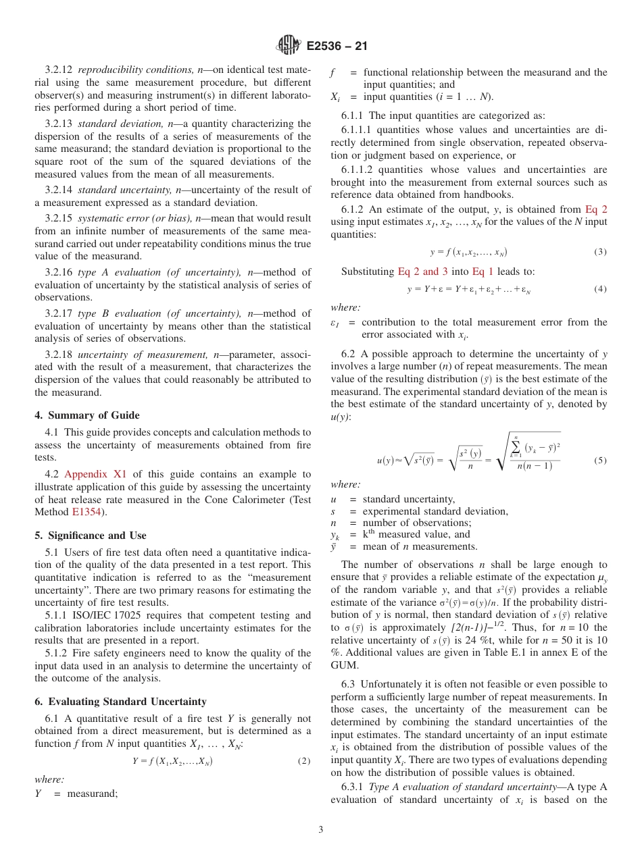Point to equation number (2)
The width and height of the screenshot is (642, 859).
[x=304, y=761]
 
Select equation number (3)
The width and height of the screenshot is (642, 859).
[x=600, y=252]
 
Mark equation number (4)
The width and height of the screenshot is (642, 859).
[x=600, y=289]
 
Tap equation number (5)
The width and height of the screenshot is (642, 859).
[x=600, y=461]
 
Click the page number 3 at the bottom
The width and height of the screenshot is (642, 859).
[x=321, y=830]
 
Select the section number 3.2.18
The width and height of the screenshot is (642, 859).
[x=59, y=354]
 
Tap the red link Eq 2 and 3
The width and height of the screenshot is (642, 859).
[x=422, y=271]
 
